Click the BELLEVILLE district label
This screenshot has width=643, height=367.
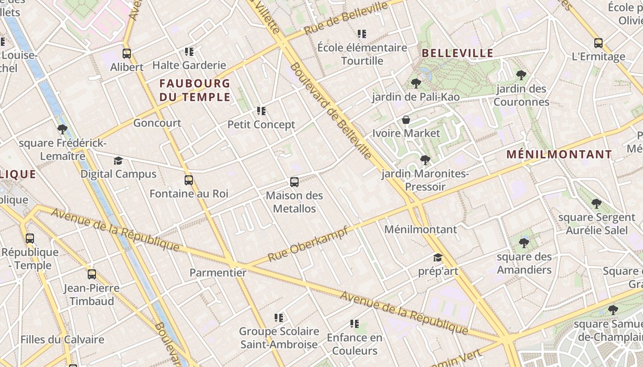click(457, 53)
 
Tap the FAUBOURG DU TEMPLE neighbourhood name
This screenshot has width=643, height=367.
click(195, 90)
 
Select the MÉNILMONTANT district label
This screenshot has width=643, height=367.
click(559, 155)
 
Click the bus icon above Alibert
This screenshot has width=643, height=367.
click(127, 54)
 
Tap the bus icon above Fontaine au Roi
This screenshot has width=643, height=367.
click(189, 180)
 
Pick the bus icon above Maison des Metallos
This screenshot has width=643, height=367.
click(294, 182)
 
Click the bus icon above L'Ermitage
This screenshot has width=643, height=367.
click(598, 43)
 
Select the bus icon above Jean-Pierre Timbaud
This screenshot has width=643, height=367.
click(92, 274)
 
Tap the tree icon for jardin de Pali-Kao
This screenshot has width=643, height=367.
click(416, 83)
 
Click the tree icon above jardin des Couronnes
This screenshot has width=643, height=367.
click(521, 75)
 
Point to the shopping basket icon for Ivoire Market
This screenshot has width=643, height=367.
click(406, 120)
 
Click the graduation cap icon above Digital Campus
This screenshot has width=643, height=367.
click(118, 161)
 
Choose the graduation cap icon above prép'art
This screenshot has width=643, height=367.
click(438, 258)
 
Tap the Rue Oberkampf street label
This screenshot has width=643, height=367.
click(307, 244)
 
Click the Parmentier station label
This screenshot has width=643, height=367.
click(218, 273)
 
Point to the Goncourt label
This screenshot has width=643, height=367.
click(157, 123)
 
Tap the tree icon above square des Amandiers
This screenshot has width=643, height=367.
click(524, 243)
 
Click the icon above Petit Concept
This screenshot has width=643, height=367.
click(261, 111)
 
